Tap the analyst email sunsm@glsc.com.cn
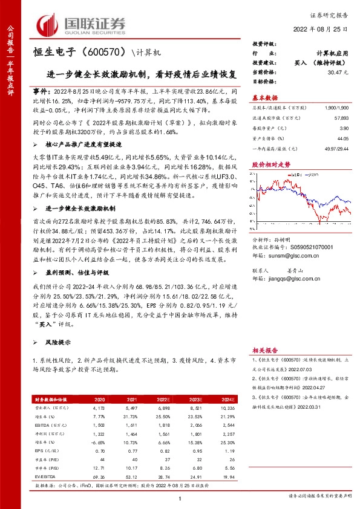click(293, 255)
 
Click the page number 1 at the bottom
click(180, 498)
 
